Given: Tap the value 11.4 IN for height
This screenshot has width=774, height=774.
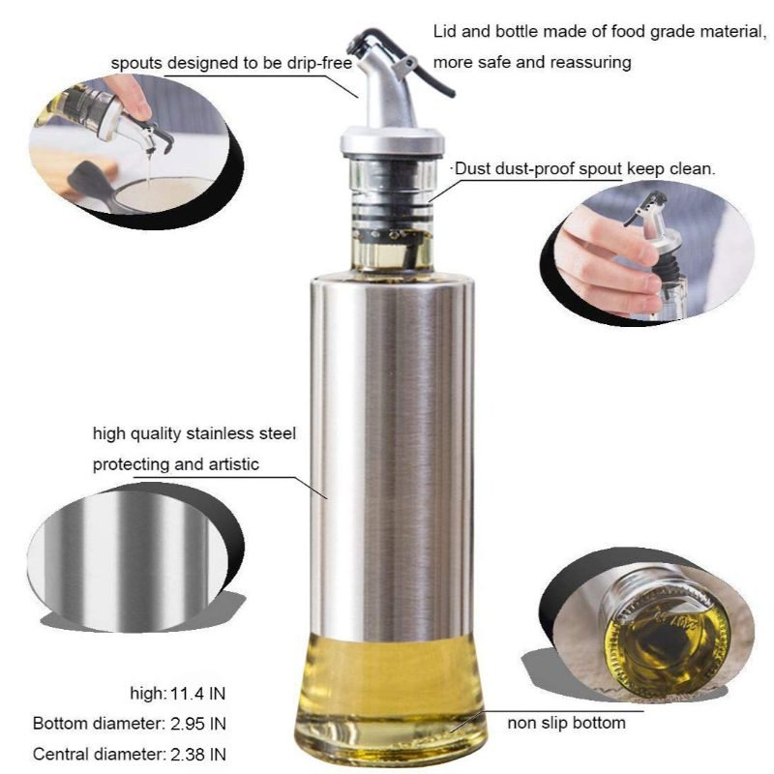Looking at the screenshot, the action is point(197,694).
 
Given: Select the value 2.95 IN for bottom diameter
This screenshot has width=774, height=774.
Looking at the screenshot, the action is point(198,724).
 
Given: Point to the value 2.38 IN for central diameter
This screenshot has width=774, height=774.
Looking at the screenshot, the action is point(198,755).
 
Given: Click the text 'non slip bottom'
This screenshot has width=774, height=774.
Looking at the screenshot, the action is point(566,723).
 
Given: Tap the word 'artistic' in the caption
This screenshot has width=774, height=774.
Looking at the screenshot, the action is point(233,464).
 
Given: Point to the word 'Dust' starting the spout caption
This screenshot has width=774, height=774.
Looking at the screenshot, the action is point(472,168).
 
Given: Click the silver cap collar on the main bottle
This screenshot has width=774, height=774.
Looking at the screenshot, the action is point(392,140).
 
